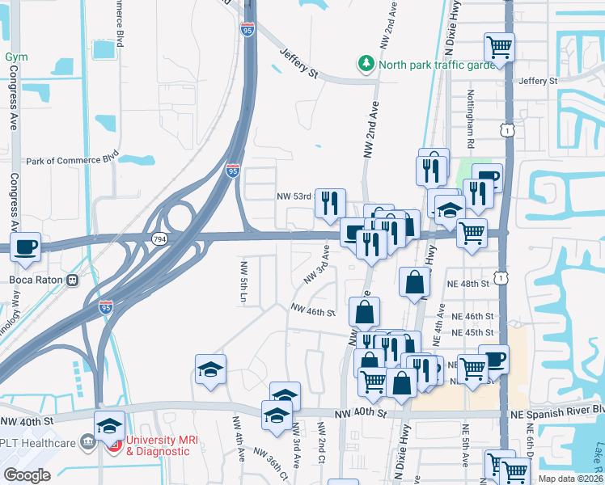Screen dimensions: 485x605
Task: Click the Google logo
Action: pyautogui.click(x=27, y=475)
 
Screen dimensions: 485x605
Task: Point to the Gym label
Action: pyautogui.click(x=16, y=57)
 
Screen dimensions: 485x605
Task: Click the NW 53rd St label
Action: pyautogui.click(x=294, y=196)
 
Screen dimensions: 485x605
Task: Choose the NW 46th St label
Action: pyautogui.click(x=312, y=312)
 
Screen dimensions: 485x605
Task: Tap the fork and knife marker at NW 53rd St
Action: pyautogui.click(x=330, y=204)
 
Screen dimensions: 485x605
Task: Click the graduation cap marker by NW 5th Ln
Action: pyautogui.click(x=209, y=369)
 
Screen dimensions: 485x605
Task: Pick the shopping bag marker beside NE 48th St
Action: pyautogui.click(x=414, y=282)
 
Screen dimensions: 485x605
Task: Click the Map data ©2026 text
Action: pyautogui.click(x=571, y=479)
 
